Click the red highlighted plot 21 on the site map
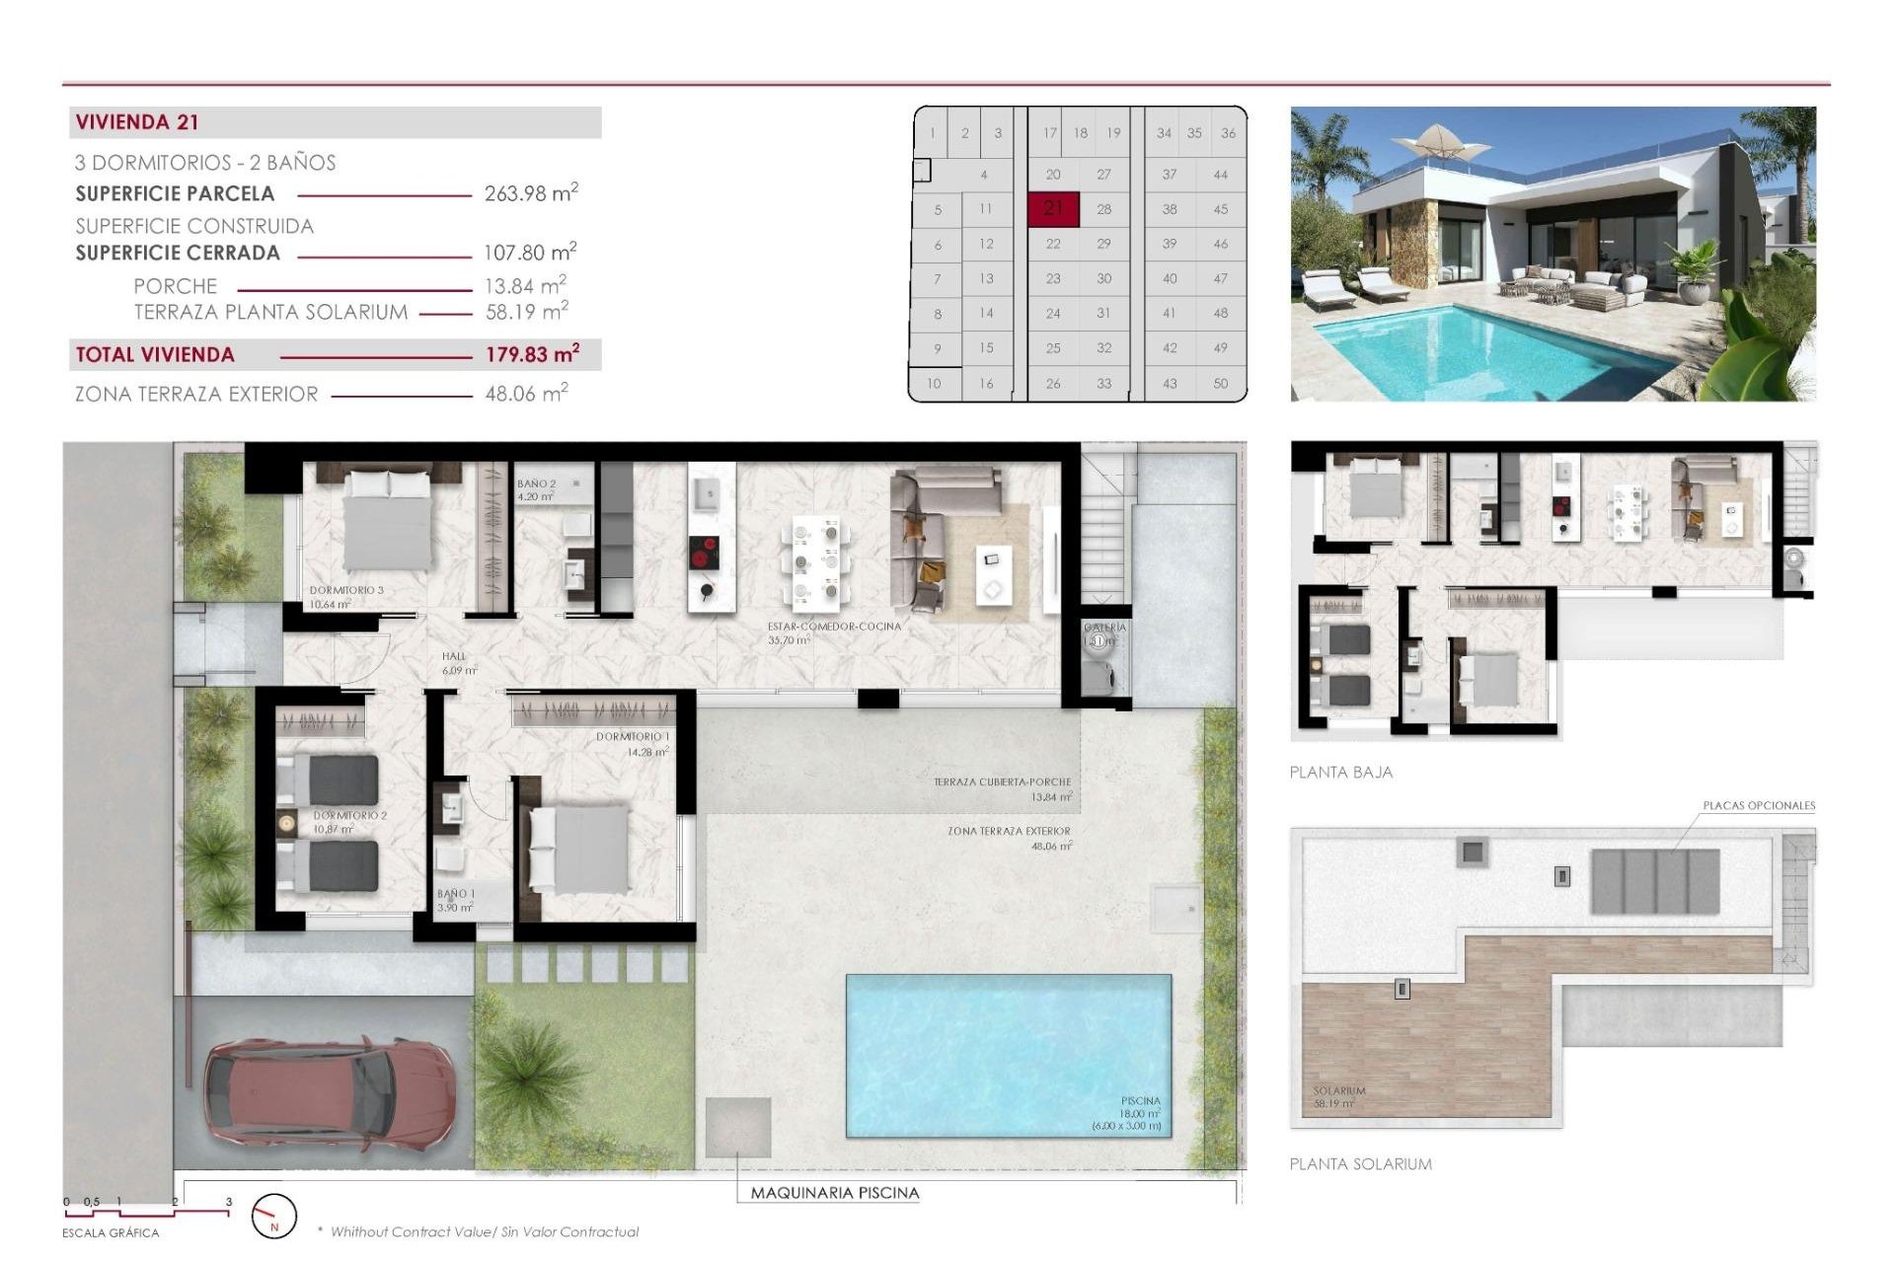click(1053, 208)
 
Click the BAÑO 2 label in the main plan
click(536, 483)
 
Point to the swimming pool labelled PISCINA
click(1008, 1054)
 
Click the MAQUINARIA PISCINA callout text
click(834, 1193)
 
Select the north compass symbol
click(273, 1217)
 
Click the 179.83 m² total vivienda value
click(532, 354)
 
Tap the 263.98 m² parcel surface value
click(530, 193)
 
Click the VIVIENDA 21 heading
click(137, 122)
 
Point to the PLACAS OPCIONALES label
click(1759, 805)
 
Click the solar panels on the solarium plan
click(1655, 881)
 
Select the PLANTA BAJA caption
click(1340, 773)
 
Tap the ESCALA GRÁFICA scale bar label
click(111, 1232)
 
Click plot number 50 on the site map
click(1220, 384)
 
